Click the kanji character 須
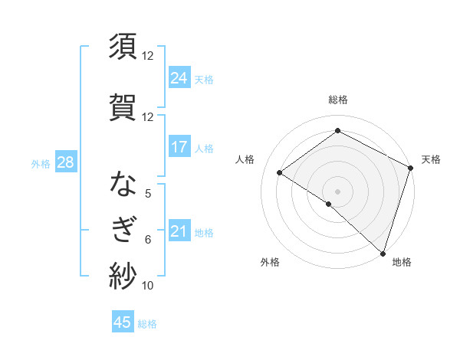(x=123, y=47)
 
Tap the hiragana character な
(x=123, y=185)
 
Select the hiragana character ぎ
(x=123, y=231)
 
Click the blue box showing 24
(x=179, y=77)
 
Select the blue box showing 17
(x=179, y=147)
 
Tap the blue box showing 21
(x=179, y=231)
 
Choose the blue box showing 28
(x=65, y=162)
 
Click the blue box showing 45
(x=123, y=322)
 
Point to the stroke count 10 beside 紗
(x=148, y=286)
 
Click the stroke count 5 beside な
(x=148, y=194)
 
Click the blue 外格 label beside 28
(x=41, y=163)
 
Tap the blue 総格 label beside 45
(x=147, y=323)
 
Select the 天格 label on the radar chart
(x=431, y=159)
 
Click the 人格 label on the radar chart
(x=245, y=159)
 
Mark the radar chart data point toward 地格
(x=383, y=253)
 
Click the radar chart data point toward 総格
(x=337, y=131)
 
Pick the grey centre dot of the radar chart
(x=337, y=191)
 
